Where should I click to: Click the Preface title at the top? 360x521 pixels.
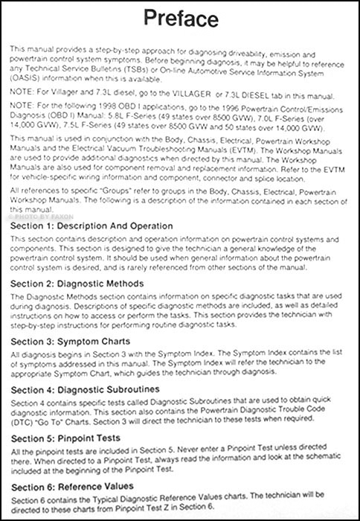tap(179, 19)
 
